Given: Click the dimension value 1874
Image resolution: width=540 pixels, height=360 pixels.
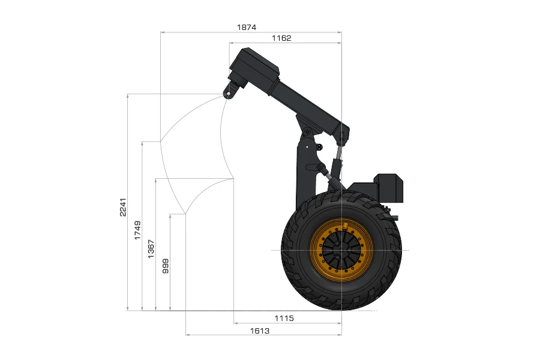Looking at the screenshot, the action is coord(247,27).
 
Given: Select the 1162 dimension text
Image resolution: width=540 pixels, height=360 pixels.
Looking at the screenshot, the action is coord(281,38).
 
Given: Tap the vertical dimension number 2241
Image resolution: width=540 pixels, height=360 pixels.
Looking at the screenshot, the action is coord(123,207).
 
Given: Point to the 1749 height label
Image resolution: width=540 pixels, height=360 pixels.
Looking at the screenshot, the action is coord(137,230).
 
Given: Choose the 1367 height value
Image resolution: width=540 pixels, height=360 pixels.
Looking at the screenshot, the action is coord(151,249).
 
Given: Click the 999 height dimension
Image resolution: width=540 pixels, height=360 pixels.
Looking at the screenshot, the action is coord(166,266).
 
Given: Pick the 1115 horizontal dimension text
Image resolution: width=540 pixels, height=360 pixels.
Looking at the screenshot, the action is coord(284,318).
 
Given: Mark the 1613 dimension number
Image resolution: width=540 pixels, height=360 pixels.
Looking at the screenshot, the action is coord(260,331).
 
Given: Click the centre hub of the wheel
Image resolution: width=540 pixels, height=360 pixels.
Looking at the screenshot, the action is coord(341,250).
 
